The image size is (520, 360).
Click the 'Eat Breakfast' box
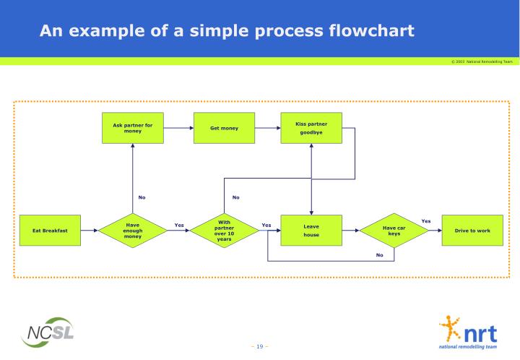click(x=50, y=231)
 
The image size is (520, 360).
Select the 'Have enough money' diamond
click(x=132, y=231)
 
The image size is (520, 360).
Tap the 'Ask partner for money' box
click(x=132, y=128)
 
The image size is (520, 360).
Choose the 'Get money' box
click(x=224, y=128)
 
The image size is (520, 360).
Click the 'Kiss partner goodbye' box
click(x=311, y=128)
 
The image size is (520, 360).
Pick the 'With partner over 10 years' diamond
click(x=224, y=231)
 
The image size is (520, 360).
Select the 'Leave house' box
click(x=311, y=231)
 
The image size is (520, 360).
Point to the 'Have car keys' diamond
click(x=394, y=231)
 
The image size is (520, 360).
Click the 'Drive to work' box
click(x=472, y=231)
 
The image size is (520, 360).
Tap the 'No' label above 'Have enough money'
click(x=142, y=197)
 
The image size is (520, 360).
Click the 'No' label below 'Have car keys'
click(x=379, y=254)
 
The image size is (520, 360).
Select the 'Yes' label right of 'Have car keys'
click(x=426, y=221)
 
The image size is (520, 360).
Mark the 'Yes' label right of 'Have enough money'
click(x=179, y=225)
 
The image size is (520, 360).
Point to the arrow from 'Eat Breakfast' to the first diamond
click(x=90, y=231)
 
